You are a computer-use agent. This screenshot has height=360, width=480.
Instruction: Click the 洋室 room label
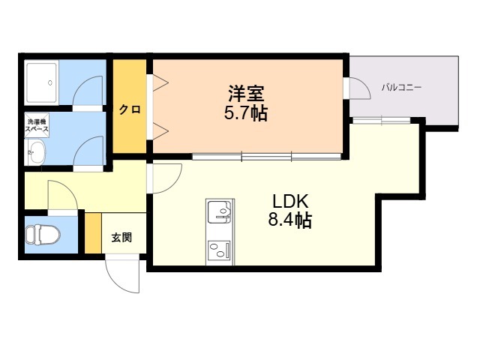[246, 93]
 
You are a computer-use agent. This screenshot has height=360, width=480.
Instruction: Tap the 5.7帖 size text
[246, 113]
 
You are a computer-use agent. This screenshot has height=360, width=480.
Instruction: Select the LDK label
[290, 202]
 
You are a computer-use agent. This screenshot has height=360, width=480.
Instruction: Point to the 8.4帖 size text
[290, 220]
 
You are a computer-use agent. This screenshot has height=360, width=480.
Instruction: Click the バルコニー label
[401, 88]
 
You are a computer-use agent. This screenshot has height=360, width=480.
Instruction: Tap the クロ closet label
[130, 109]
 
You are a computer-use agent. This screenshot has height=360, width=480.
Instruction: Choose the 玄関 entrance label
[121, 237]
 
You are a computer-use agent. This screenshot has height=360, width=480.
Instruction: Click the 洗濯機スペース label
[37, 125]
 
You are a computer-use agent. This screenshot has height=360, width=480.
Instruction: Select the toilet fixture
[43, 235]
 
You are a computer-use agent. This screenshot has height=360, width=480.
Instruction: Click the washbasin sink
[36, 152]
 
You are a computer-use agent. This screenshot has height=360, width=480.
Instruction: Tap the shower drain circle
[50, 82]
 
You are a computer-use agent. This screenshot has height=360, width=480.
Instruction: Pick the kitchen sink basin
[220, 211]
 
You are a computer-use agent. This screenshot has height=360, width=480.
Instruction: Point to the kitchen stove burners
[219, 250]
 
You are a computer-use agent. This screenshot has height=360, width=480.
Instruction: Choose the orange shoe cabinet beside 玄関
[93, 233]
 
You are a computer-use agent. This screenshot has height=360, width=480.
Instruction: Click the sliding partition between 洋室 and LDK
[267, 156]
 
